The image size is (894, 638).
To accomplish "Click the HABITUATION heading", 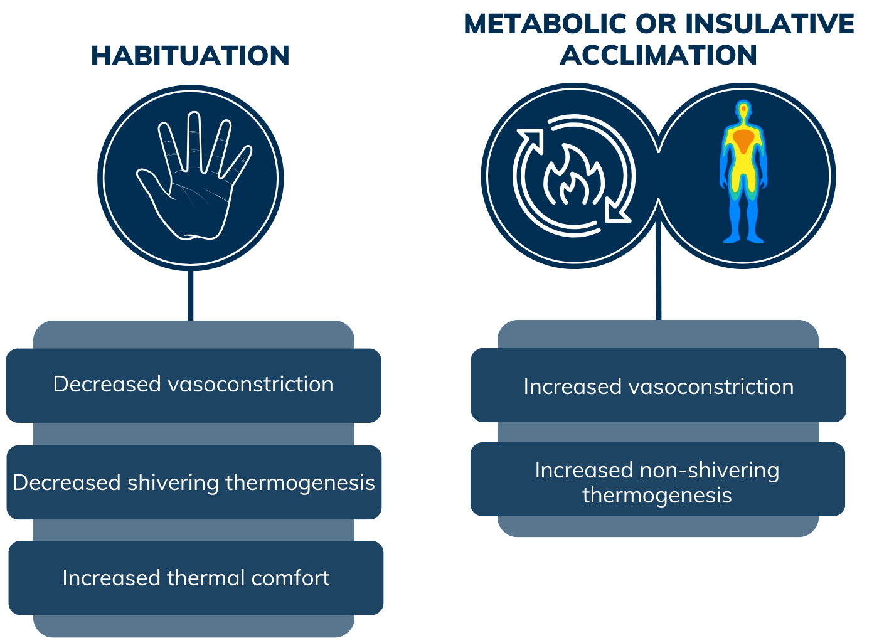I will (x=190, y=56).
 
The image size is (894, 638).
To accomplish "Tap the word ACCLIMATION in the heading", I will (x=658, y=55).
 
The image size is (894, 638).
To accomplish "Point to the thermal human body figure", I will (x=743, y=173).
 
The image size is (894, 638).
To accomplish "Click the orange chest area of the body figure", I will (x=743, y=140).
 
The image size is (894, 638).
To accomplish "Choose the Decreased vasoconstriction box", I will (x=193, y=385).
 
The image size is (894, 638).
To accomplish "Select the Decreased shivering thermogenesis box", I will (x=193, y=482).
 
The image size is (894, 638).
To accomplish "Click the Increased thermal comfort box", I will (x=196, y=578).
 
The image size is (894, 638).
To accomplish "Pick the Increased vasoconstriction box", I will (x=658, y=386).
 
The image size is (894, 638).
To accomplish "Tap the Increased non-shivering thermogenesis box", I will (x=657, y=481).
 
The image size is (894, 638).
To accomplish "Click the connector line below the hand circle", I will (x=191, y=295).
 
